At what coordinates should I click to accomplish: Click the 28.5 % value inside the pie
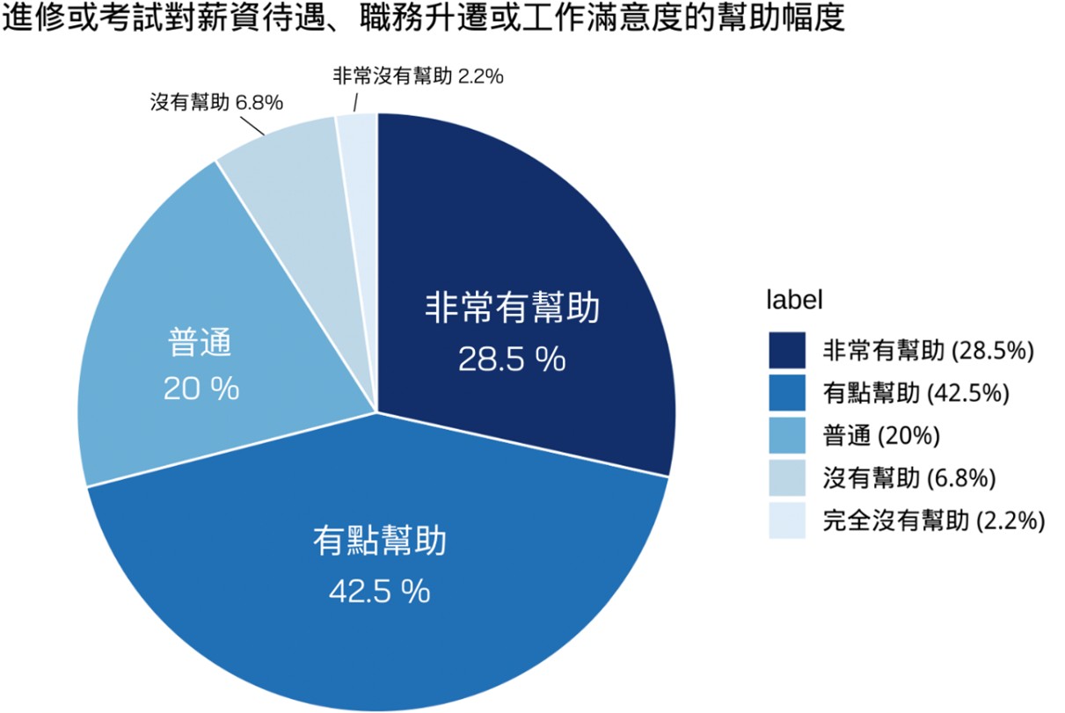tap(512, 359)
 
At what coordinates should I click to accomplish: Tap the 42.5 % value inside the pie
tap(379, 591)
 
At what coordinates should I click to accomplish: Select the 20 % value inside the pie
tap(201, 389)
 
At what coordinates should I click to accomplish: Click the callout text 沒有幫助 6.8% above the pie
tap(216, 103)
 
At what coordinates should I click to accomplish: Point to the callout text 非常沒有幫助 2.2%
tap(418, 76)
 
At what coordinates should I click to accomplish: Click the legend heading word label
tap(794, 300)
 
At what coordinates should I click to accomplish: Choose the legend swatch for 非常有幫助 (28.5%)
tap(787, 350)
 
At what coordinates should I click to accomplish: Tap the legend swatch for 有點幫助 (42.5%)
tap(787, 392)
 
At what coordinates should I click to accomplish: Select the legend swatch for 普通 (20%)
tap(787, 435)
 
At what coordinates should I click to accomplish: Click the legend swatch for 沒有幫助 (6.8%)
tap(787, 477)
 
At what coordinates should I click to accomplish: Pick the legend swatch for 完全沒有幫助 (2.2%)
tap(787, 520)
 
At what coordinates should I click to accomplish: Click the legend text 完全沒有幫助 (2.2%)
tap(933, 520)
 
